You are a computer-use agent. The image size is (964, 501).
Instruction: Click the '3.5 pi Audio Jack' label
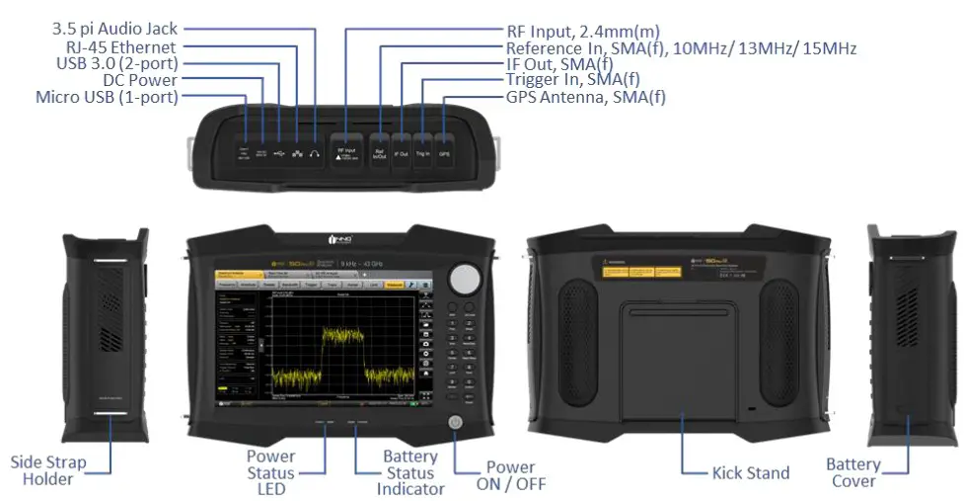114,30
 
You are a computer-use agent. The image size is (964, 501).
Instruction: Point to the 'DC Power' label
140,80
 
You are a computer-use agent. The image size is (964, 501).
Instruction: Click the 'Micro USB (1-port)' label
107,97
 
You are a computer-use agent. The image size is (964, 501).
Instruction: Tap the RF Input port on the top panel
346,153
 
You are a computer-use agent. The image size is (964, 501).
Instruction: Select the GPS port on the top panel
444,154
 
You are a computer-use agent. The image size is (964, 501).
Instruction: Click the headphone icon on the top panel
316,153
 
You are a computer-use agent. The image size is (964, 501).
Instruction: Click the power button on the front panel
455,423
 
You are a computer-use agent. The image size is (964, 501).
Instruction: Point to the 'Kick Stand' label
751,472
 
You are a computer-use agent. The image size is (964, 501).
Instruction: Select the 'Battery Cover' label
853,471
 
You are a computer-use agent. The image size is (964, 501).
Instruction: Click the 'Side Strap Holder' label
48,470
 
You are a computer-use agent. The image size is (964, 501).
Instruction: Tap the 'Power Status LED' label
270,472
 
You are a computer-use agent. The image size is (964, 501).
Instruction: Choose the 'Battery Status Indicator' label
409,472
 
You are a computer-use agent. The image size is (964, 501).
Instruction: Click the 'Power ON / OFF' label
510,475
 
